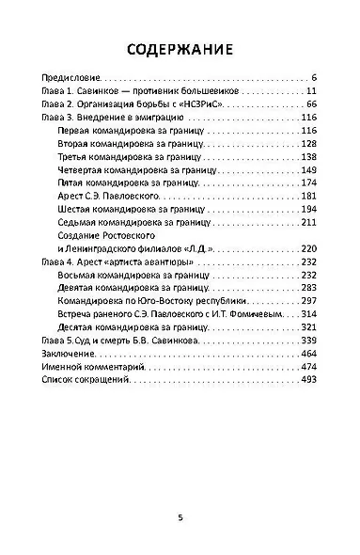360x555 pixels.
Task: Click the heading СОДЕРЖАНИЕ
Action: [x=180, y=49]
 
